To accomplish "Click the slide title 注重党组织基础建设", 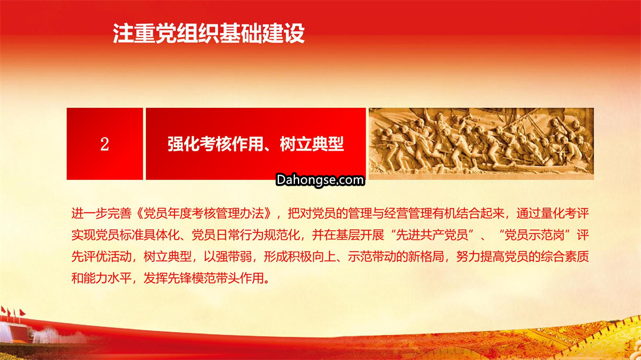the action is tap(208, 33).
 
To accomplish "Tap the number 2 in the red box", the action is tap(104, 144).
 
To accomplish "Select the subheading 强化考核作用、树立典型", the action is tap(255, 144).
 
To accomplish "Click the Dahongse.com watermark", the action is tap(320, 180).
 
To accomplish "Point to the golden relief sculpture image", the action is tap(481, 144).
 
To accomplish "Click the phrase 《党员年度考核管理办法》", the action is tap(204, 214).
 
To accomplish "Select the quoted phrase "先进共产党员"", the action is tap(432, 235).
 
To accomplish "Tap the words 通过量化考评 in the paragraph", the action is tap(553, 214).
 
